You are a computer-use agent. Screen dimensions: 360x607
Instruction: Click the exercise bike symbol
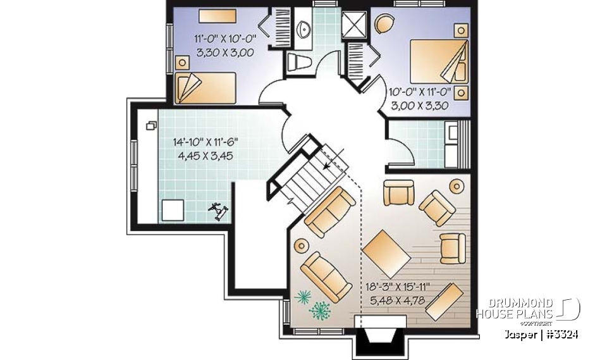[219, 210]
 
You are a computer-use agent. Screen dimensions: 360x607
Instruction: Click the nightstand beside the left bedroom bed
[183, 61]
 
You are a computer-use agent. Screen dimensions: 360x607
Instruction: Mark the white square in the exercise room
[173, 210]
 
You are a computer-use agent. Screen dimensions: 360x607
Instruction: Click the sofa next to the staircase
[329, 210]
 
